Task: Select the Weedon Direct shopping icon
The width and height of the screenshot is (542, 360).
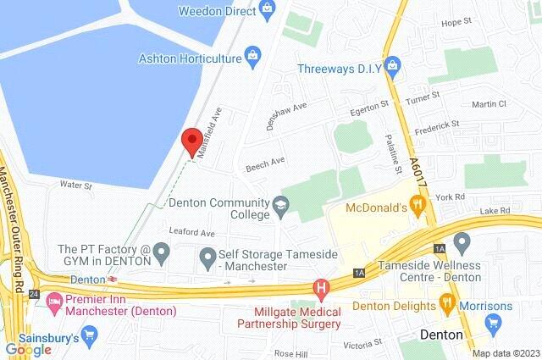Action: (268, 10)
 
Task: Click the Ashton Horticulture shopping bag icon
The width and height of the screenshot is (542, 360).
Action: (252, 57)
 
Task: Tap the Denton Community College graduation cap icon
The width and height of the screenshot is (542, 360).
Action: (279, 203)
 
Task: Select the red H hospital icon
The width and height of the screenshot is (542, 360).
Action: (321, 288)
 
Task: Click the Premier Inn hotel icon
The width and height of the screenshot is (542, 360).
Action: (55, 300)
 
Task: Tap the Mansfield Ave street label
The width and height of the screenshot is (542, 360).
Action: (208, 132)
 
